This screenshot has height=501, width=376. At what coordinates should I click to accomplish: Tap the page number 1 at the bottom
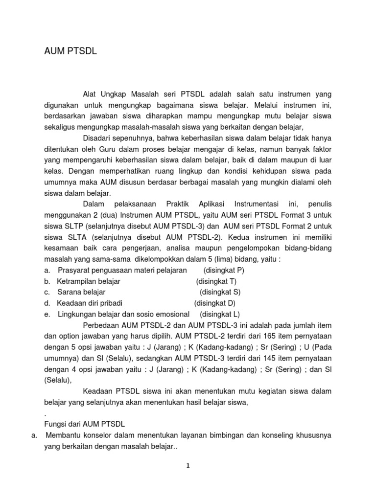tap(188, 466)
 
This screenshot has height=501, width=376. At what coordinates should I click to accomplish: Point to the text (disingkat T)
tap(216, 281)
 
